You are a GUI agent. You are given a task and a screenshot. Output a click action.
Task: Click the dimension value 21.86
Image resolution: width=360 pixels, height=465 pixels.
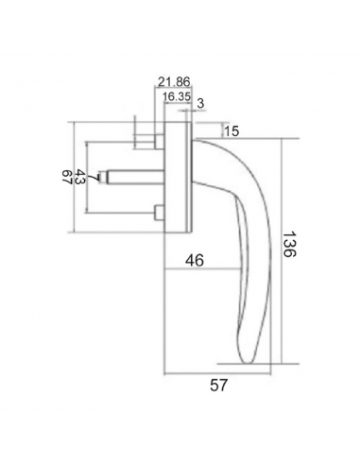[174, 82]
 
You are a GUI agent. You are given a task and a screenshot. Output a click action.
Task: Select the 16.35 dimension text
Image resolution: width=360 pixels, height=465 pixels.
[177, 96]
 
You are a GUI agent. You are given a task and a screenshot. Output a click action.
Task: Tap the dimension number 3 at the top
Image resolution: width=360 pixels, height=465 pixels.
[200, 103]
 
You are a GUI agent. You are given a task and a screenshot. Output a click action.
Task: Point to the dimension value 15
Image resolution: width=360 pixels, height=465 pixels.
[231, 130]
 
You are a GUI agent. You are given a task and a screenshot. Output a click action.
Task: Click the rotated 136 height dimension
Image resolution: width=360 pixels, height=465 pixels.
[288, 245]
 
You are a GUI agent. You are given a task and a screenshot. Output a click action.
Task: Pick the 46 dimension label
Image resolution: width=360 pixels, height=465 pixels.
[195, 260]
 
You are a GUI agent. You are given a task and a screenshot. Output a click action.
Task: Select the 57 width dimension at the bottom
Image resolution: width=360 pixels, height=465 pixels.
[218, 385]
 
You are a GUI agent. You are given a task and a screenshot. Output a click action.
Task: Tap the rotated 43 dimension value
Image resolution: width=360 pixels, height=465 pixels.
[81, 177]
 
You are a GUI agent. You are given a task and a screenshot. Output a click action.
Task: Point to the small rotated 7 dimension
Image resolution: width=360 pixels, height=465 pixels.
[93, 178]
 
